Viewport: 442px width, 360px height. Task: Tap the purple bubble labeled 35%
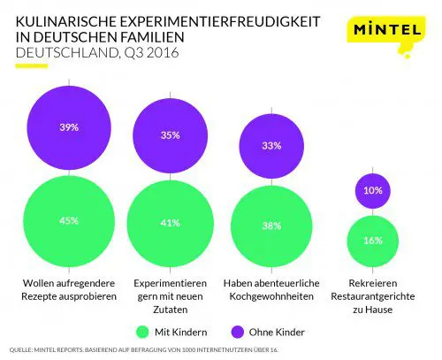pyautogui.click(x=171, y=135)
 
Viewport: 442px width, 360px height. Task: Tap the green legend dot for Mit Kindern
pyautogui.click(x=146, y=331)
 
